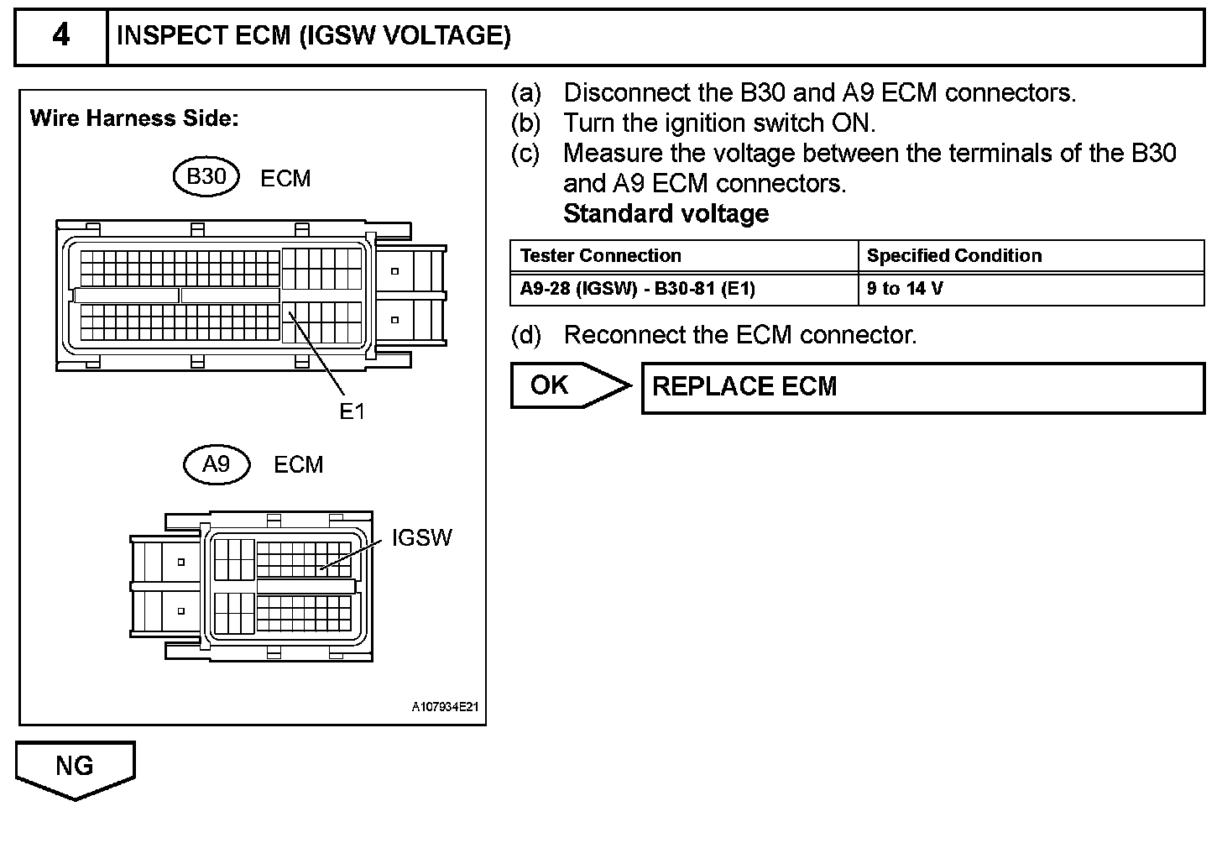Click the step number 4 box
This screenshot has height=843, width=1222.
(61, 37)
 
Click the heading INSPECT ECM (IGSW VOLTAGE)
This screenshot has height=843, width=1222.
(313, 36)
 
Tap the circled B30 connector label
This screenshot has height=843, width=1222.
(206, 177)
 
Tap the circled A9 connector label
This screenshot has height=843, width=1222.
(217, 464)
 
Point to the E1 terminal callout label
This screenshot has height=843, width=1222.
(352, 411)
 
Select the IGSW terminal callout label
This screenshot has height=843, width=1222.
(421, 538)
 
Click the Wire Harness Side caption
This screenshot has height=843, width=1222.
(134, 118)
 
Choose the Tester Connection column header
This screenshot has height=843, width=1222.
(600, 256)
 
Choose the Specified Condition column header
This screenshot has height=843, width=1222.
(953, 256)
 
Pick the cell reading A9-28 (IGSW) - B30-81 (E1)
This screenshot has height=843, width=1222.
(638, 289)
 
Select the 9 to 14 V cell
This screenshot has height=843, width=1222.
(905, 289)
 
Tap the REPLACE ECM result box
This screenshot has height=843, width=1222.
(922, 387)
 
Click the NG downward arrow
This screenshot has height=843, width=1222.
(75, 767)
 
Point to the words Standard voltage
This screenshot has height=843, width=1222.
(666, 213)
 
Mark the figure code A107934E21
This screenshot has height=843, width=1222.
(445, 707)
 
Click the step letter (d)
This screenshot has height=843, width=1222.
(526, 335)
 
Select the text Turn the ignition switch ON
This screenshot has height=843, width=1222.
(719, 123)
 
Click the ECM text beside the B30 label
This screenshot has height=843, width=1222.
(285, 179)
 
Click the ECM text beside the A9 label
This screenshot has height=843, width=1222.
(298, 465)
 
